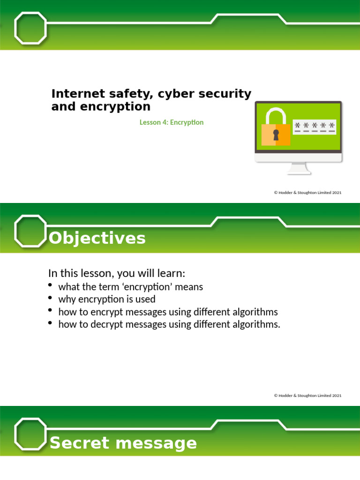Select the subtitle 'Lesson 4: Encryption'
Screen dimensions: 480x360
point(172,122)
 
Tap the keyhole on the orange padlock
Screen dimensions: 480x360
point(276,135)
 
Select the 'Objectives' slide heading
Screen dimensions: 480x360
point(97,239)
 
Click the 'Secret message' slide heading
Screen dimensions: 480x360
point(123,443)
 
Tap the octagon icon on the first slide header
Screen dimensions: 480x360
point(31,28)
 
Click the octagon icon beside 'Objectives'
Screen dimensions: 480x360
point(31,231)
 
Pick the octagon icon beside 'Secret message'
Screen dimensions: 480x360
point(31,434)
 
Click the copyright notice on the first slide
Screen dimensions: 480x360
point(307,192)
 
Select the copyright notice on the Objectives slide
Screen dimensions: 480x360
point(307,396)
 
